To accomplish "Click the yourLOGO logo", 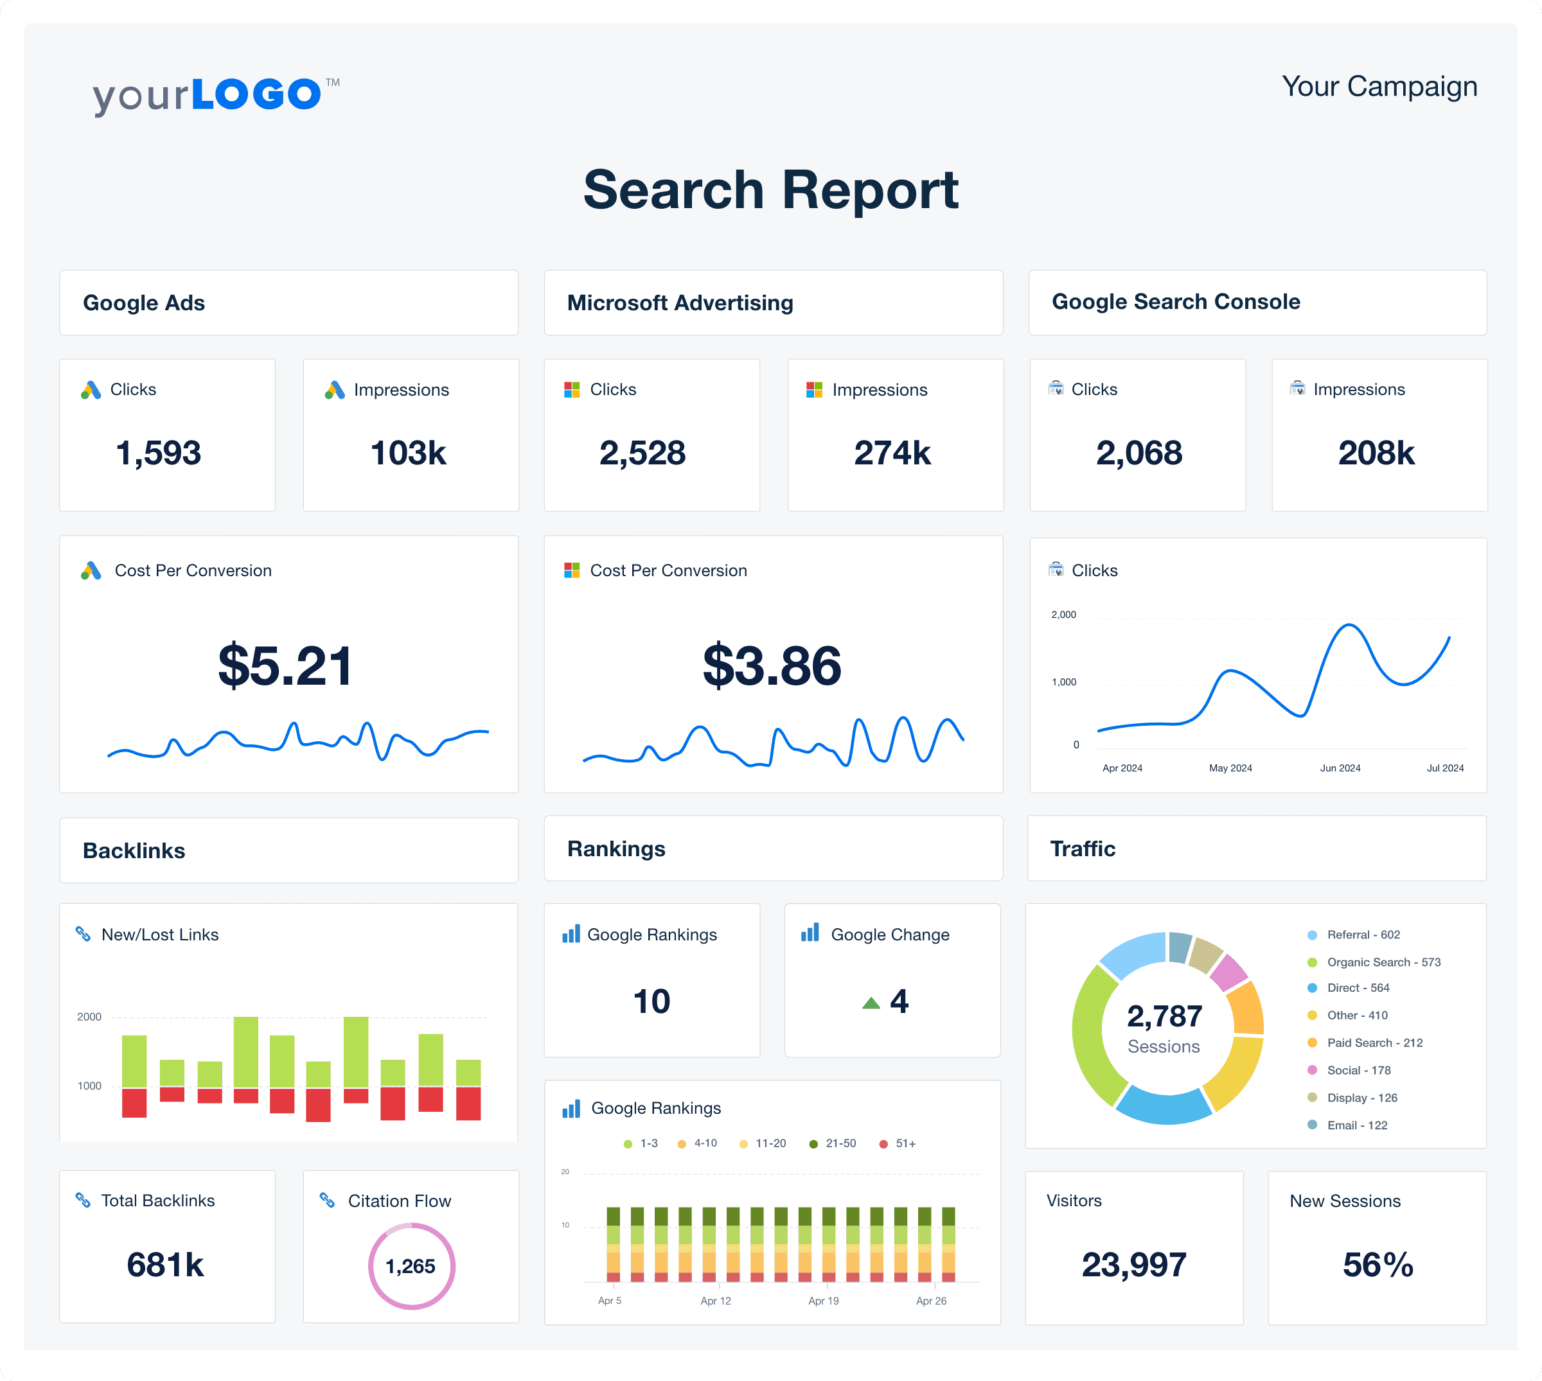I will click(x=215, y=95).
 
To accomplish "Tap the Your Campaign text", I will click(x=1379, y=87).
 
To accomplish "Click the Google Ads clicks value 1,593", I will click(x=159, y=453).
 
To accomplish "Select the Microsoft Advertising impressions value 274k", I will click(x=892, y=453).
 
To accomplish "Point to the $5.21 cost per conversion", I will click(x=285, y=665).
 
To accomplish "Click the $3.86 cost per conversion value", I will click(x=772, y=665).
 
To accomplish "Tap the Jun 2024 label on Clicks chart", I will click(x=1340, y=768).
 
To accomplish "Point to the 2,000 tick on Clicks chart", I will click(x=1063, y=615).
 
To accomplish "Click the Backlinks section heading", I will click(x=134, y=850).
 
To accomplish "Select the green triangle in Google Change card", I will click(x=871, y=1003).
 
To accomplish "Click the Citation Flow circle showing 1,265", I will click(x=411, y=1265).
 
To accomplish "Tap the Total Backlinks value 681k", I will click(x=165, y=1265).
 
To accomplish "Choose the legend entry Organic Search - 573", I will click(x=1383, y=962).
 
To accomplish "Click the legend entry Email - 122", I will click(x=1356, y=1125).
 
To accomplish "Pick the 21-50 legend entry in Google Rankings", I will click(x=840, y=1143).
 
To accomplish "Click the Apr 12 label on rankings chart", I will click(x=715, y=1301).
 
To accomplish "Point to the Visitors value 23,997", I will click(x=1134, y=1265).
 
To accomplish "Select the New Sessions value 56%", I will click(x=1378, y=1265).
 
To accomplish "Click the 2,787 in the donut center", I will click(x=1164, y=1016).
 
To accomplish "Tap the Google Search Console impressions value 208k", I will click(x=1376, y=453).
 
